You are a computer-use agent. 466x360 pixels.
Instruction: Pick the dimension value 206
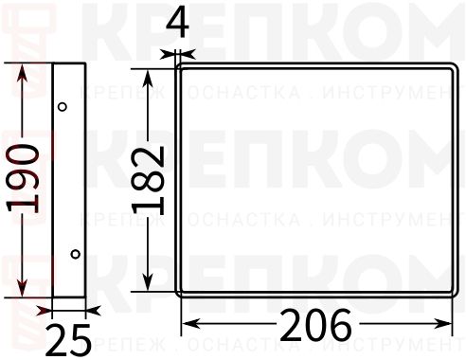coord(315,327)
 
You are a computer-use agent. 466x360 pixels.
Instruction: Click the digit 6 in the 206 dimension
coord(338,327)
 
